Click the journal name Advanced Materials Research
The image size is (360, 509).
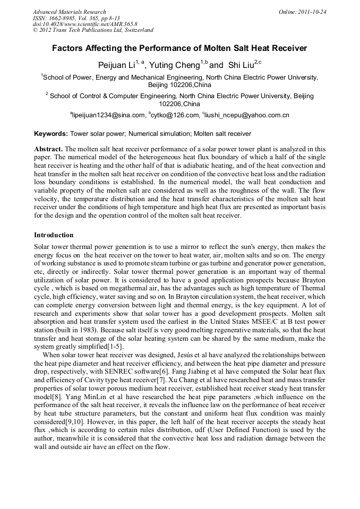[x=70, y=12]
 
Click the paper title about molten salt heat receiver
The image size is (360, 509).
[x=179, y=48]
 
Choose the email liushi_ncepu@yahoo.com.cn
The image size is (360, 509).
[x=246, y=115]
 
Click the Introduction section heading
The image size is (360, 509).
[x=54, y=235]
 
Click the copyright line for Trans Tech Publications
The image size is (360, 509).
[x=93, y=30]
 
